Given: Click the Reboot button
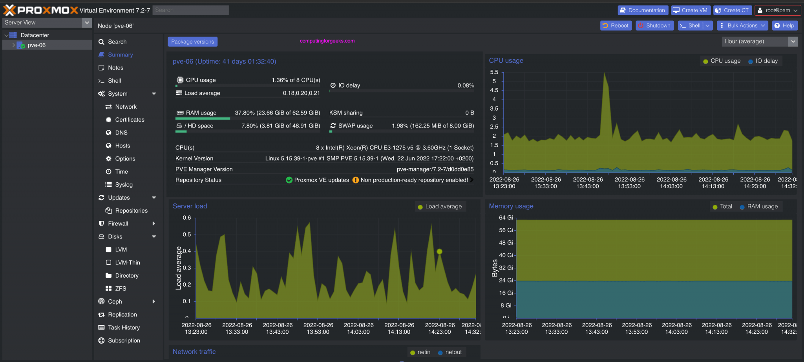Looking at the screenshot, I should pyautogui.click(x=616, y=25).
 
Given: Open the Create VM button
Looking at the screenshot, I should pyautogui.click(x=691, y=10).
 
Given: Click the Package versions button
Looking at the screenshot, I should pyautogui.click(x=192, y=42).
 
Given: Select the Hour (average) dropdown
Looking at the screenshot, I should pyautogui.click(x=759, y=41).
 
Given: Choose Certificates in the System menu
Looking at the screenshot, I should pyautogui.click(x=130, y=120).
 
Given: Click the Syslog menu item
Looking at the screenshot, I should pyautogui.click(x=124, y=185).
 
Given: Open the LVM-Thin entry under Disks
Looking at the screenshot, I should pyautogui.click(x=127, y=262).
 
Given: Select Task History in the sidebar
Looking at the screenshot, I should pyautogui.click(x=124, y=327).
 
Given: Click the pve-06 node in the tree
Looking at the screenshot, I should pyautogui.click(x=37, y=45).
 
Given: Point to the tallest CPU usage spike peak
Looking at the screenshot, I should pyautogui.click(x=604, y=73).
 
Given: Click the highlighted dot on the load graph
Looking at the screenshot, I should pyautogui.click(x=439, y=251).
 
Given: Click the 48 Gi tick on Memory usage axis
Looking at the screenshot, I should pyautogui.click(x=506, y=243).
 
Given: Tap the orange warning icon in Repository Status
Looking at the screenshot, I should pyautogui.click(x=355, y=180).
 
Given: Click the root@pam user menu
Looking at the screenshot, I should pyautogui.click(x=777, y=10).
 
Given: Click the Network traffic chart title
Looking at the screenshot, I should pyautogui.click(x=194, y=352).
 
